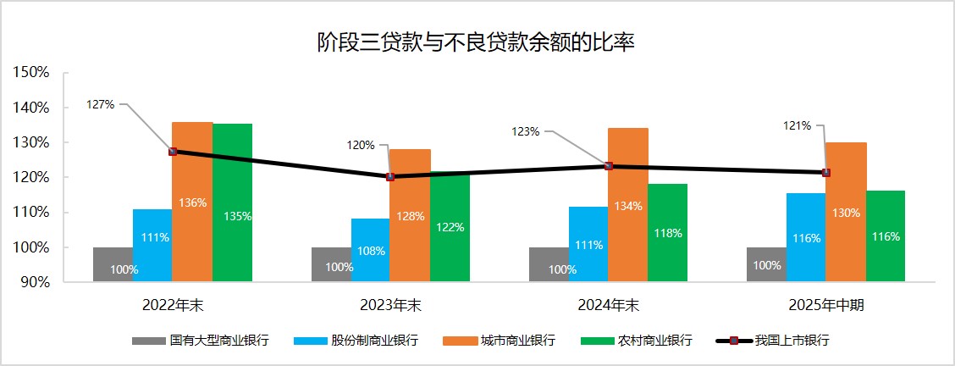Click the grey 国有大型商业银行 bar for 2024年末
point(549,264)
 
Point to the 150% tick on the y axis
point(33,73)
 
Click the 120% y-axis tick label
point(33,178)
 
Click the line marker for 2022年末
point(173,152)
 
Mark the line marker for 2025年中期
point(825,173)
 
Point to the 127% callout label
point(100,105)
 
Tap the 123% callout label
point(526,132)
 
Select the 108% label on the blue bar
point(371,251)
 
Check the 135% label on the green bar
point(238,216)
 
